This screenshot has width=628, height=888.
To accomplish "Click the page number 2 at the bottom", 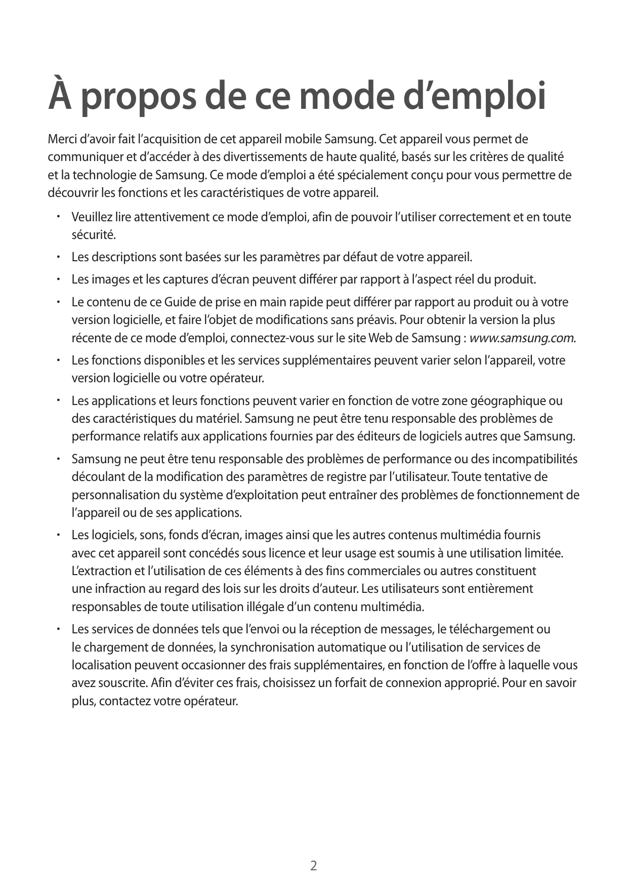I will tap(314, 865).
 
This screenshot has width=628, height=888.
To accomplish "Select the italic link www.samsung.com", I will tap(522, 338).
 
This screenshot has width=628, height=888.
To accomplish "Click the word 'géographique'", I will tap(509, 401).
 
